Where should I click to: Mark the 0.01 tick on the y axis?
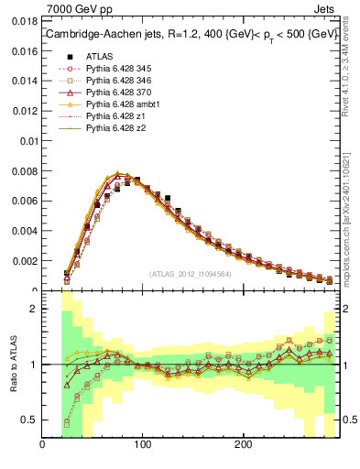(27, 141)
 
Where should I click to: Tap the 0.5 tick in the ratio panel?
(30, 420)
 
